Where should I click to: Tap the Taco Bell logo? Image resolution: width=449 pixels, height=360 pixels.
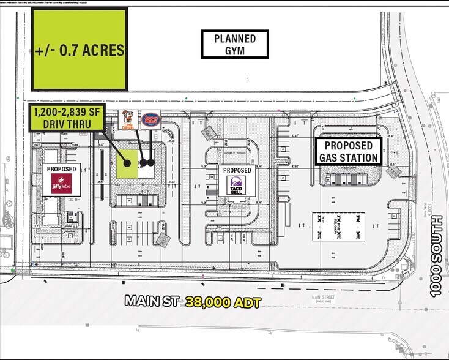[x=236, y=185]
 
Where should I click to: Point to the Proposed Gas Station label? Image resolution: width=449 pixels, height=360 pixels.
[x=347, y=152]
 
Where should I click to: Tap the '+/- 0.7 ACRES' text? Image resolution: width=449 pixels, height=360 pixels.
[x=80, y=50]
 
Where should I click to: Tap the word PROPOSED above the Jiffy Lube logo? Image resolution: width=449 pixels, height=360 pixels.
[x=61, y=169]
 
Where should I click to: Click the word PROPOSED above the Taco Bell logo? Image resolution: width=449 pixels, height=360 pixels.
[x=236, y=170]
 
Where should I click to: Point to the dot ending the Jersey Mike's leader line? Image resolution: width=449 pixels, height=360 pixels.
[x=150, y=163]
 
